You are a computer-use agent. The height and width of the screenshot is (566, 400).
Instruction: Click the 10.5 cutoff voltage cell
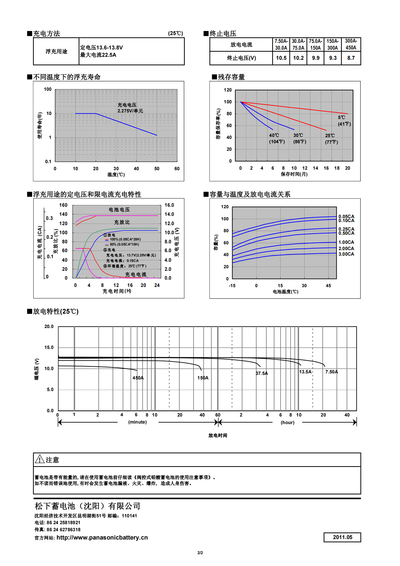[x=281, y=58]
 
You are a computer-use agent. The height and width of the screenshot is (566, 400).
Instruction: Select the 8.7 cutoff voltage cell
[x=351, y=58]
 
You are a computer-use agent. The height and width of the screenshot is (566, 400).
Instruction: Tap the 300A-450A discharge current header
[x=351, y=44]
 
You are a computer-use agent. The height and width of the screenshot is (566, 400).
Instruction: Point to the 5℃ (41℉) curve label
[x=344, y=121]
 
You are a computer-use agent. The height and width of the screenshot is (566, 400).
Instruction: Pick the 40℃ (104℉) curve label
[x=277, y=139]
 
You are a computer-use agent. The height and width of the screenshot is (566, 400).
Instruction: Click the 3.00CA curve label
[x=346, y=254]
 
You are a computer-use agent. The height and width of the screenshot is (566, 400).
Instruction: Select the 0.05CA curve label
[x=346, y=216]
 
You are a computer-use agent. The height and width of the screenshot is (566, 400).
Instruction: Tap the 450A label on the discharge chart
[x=138, y=378]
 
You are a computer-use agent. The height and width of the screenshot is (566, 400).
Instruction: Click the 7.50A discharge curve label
[x=331, y=372]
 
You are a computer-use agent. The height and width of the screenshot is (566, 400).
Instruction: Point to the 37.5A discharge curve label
[x=262, y=373]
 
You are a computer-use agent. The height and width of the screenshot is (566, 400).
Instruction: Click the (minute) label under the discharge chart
[x=137, y=422]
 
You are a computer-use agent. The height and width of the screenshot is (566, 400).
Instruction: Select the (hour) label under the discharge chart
[x=287, y=422]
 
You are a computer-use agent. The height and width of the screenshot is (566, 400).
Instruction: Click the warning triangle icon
[x=40, y=459]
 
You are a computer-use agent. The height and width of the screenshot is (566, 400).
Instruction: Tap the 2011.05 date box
[x=342, y=537]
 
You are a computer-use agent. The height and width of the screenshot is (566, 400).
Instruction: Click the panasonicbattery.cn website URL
[x=102, y=537]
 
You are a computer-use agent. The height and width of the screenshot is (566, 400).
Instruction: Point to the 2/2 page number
[x=200, y=553]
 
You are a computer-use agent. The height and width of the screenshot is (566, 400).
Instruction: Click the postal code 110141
[x=129, y=516]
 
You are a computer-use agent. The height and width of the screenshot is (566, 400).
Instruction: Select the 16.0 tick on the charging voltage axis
[x=169, y=205]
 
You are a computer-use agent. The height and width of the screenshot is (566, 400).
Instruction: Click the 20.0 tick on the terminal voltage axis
[x=49, y=326]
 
